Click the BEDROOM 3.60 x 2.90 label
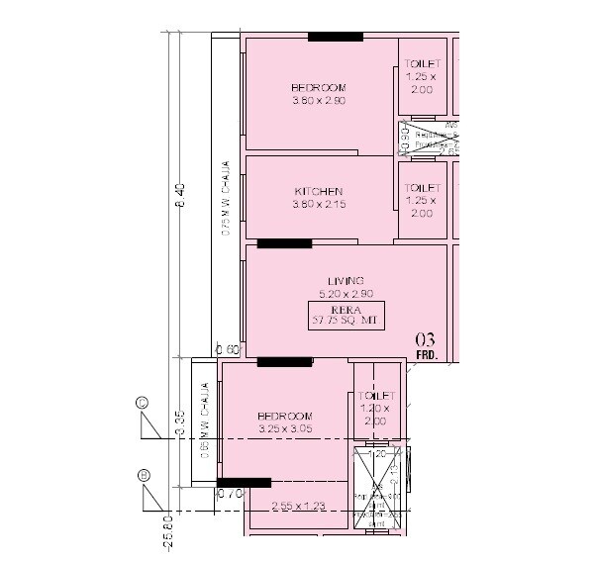tap(318, 94)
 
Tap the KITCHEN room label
tap(318, 197)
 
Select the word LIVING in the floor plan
tap(346, 281)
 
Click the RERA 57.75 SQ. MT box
tap(346, 315)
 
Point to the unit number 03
tap(425, 340)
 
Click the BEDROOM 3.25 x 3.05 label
tap(284, 422)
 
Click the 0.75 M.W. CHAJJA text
tap(226, 198)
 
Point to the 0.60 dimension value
tap(228, 349)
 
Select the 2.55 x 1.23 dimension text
tap(297, 507)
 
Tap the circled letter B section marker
tap(145, 476)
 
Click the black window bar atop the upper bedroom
tap(335, 37)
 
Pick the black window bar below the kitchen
tap(284, 243)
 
